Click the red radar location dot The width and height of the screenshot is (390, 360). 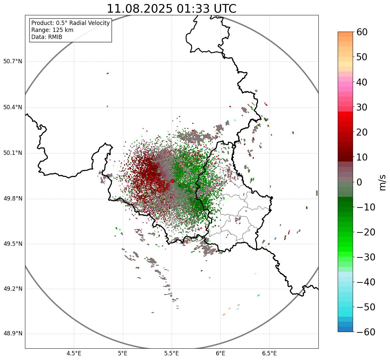point(172,181)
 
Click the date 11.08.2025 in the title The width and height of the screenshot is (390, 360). point(139,9)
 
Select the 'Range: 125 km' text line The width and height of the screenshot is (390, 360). point(52,30)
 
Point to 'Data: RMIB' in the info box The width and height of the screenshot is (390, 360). point(47,37)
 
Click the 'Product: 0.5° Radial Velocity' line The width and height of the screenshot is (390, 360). point(70,23)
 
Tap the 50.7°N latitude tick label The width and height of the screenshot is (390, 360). point(13,61)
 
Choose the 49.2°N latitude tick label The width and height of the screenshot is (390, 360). point(13,289)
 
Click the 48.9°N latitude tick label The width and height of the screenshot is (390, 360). point(13,334)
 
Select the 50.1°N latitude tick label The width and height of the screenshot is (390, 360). point(13,153)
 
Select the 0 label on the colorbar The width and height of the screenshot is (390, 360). point(359,182)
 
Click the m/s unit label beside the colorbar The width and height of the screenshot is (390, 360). point(383,182)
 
